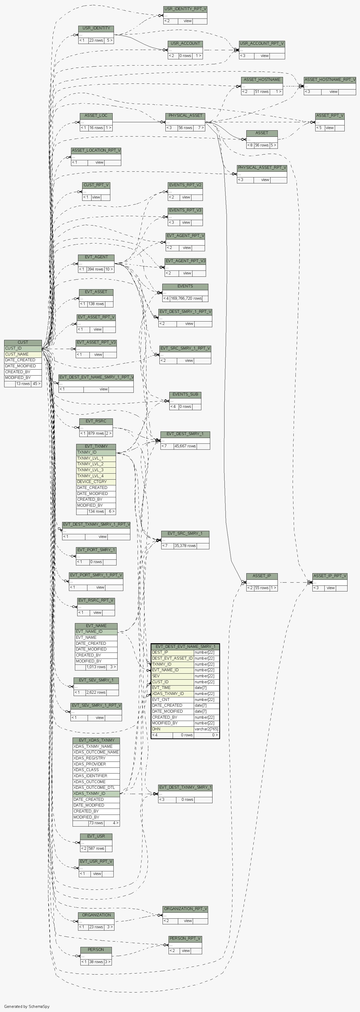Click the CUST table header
23,342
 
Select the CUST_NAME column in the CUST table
17,354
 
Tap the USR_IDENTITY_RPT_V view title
185,9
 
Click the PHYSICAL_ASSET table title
185,115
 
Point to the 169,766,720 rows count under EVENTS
186,298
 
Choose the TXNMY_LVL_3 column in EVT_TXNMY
91,470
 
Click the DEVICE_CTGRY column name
92,482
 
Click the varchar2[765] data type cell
206,729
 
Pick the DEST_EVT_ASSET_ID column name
172,658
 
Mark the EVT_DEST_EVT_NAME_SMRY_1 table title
185,646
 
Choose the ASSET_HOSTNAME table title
262,79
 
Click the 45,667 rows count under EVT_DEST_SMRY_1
185,446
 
